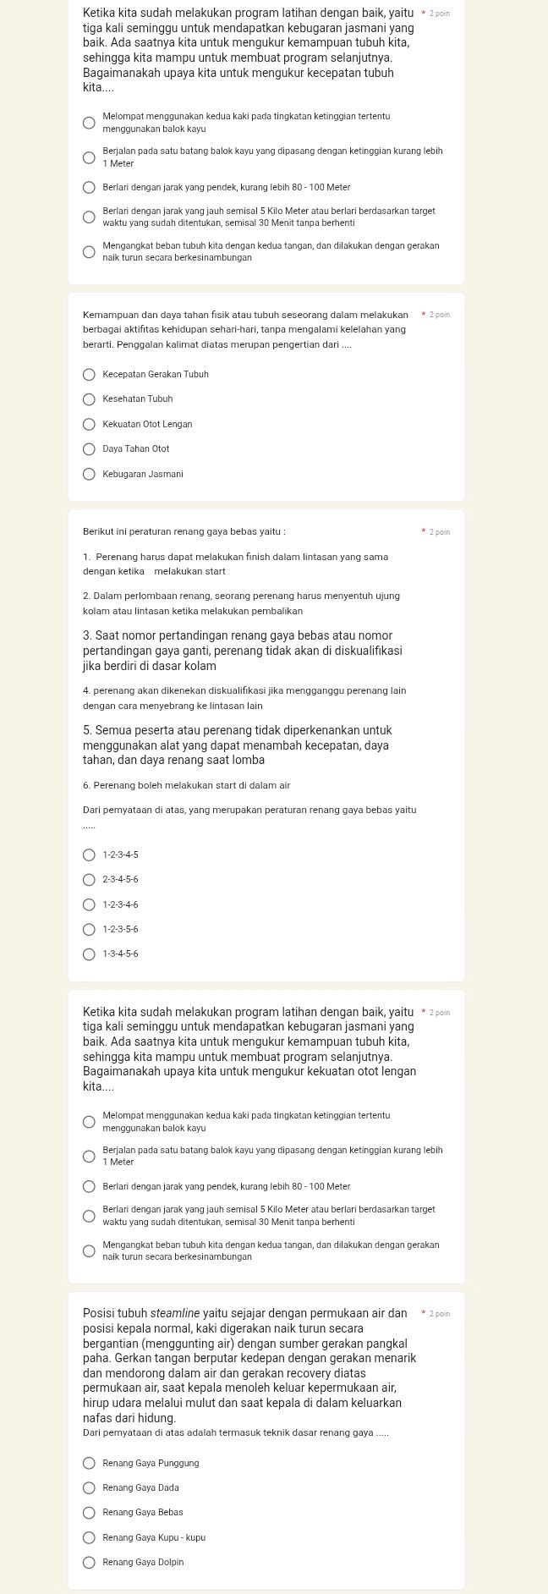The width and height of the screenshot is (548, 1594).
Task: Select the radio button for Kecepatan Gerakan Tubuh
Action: point(89,374)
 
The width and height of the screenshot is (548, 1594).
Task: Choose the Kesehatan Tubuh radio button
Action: point(89,399)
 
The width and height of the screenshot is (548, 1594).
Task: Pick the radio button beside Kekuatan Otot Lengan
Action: point(89,424)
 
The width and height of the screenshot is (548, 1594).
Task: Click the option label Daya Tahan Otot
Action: point(135,449)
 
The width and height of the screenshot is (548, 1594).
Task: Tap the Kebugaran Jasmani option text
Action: point(142,475)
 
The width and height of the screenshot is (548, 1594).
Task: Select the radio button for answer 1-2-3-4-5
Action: point(89,855)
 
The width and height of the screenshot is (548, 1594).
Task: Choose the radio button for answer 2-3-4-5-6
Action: point(89,881)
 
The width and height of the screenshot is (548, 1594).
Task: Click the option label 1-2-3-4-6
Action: point(120,905)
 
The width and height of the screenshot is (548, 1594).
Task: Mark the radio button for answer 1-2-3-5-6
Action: point(89,930)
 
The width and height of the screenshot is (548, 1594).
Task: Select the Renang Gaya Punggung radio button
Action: point(89,1463)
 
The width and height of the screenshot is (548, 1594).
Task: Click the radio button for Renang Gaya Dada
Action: point(89,1488)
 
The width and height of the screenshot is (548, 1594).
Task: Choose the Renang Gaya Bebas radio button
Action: point(89,1513)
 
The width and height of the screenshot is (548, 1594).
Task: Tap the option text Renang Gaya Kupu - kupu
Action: point(153,1538)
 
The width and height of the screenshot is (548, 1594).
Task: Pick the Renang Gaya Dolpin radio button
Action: point(89,1563)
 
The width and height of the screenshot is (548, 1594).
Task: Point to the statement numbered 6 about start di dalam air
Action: point(186,786)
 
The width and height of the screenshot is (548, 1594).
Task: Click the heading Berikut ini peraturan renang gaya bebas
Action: point(184,532)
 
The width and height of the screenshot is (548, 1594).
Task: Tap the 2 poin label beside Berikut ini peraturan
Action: point(439,532)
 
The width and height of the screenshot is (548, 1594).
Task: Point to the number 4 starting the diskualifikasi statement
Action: point(85,691)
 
